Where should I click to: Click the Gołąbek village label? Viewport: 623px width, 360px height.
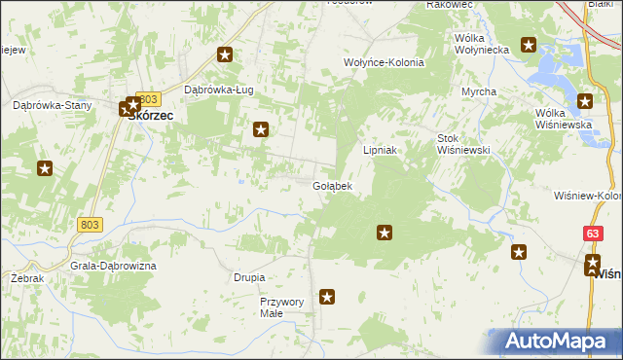332,185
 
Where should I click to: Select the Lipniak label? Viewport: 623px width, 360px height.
381,151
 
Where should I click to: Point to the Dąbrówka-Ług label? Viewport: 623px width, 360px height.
219,90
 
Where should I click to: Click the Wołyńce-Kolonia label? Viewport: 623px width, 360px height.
384,62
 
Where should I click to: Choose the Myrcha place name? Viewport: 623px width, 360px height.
479,91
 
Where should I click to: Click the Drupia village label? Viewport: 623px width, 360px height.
249,277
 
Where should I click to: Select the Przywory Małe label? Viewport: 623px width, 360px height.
282,307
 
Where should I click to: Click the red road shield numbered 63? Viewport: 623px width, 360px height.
593,234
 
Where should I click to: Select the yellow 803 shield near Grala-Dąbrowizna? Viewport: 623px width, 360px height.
90,225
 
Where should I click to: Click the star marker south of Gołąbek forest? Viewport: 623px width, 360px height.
385,233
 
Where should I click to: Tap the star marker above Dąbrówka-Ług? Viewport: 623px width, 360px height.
226,55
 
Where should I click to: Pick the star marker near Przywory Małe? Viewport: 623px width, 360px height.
327,297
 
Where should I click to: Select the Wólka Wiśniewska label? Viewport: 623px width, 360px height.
564,119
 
